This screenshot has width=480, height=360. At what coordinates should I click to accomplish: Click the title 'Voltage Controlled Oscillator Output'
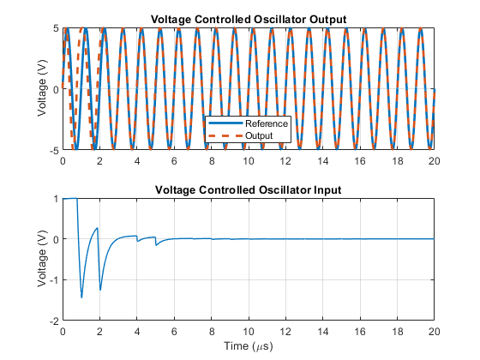point(249,19)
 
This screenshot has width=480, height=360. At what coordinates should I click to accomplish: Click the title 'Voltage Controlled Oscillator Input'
point(249,189)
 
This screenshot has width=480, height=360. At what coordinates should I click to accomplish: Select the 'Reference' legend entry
point(248,123)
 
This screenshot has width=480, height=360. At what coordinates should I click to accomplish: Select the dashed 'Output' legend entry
point(241,135)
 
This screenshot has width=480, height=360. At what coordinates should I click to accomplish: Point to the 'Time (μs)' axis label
point(249,346)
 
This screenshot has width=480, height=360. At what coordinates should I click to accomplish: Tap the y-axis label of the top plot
point(42,89)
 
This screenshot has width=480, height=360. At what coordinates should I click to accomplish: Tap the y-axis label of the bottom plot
point(42,259)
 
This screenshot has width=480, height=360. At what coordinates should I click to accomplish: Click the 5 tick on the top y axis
point(56,28)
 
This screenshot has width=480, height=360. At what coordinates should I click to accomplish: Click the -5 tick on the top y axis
point(54,150)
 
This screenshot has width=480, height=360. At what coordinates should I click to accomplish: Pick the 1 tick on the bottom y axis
point(56,199)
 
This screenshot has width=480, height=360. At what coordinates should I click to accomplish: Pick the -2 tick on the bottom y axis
point(54,321)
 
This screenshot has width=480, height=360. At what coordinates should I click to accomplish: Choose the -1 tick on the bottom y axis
point(54,279)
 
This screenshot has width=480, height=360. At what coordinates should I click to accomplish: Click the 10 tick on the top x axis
point(249,161)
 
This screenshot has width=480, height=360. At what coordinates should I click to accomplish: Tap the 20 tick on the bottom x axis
point(434,332)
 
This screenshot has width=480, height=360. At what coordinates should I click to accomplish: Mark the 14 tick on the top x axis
point(322,161)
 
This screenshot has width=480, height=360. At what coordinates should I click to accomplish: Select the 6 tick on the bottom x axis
point(174,332)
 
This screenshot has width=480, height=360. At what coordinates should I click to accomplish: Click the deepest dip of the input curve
point(81,297)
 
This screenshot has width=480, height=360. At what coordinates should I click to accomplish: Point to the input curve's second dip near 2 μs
point(100,290)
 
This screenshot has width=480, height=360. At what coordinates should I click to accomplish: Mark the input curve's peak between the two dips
point(98,228)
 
